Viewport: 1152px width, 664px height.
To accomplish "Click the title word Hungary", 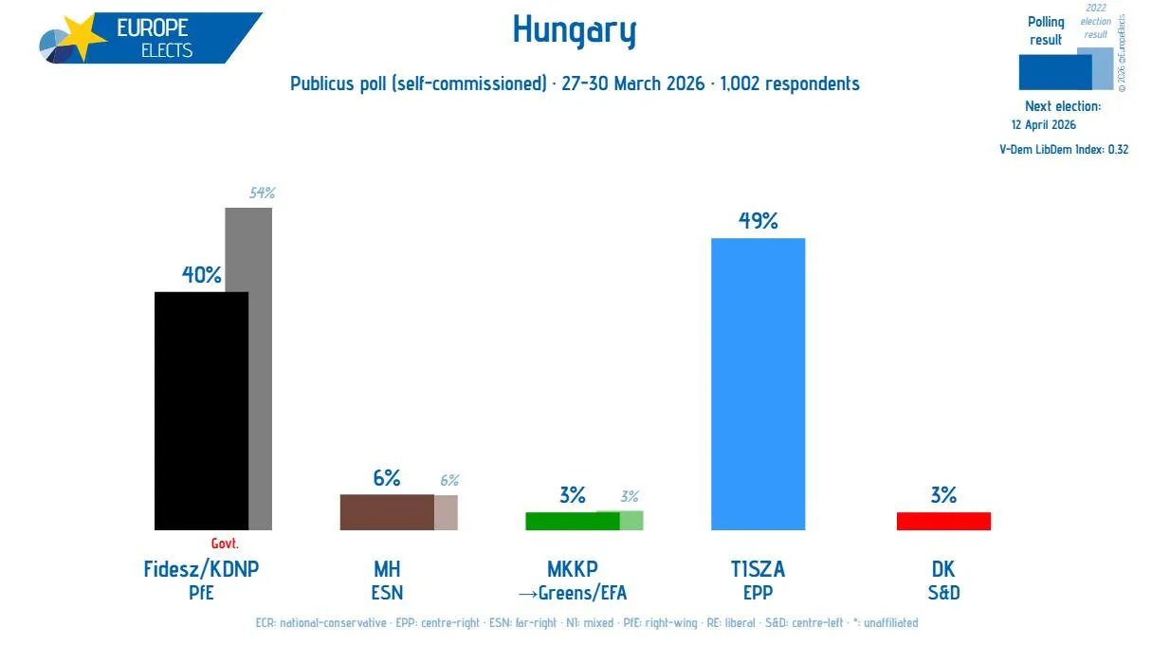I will point(575,31).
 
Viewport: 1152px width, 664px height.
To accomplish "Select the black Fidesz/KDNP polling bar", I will point(201,410).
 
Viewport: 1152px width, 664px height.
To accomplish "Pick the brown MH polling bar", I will point(387,511).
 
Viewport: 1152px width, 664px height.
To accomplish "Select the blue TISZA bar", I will point(758,383).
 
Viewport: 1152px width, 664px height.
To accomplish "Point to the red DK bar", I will point(943,521).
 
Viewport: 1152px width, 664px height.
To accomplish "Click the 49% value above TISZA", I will point(758,221).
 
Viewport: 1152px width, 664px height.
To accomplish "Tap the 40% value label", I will point(201,275).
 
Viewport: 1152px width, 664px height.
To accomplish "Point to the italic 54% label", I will point(262,194).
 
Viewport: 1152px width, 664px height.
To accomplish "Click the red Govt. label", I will point(225,544).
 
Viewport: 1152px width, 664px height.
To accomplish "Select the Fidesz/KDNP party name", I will point(201,569).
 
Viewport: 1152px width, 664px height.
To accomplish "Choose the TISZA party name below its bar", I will point(758,569).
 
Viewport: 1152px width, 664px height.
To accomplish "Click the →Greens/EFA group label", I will point(573,594).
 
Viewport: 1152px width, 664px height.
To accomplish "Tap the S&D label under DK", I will point(943,594).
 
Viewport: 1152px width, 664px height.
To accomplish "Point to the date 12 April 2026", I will point(1044,124).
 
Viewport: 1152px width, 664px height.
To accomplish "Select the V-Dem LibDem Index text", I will point(1064,149).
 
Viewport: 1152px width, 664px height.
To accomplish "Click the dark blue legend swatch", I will point(1054,71).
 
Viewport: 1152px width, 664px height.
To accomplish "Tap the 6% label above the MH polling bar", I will point(386,478).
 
